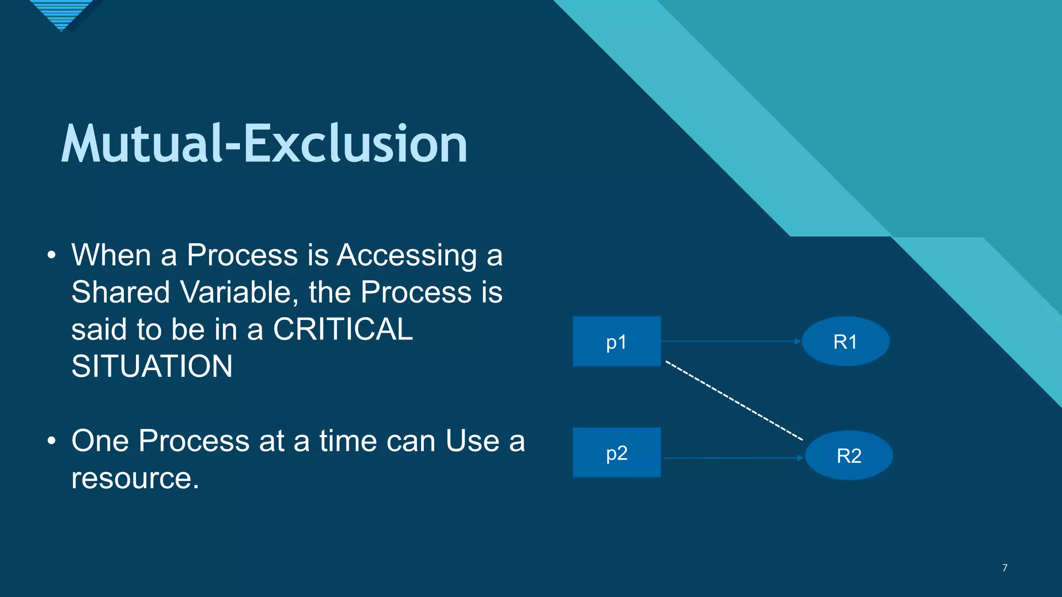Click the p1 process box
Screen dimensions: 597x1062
click(x=617, y=342)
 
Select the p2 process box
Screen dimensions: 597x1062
click(x=617, y=452)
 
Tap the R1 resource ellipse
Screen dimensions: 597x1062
click(x=845, y=342)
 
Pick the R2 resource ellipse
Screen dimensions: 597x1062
click(x=849, y=456)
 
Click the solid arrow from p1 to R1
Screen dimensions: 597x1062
click(x=731, y=341)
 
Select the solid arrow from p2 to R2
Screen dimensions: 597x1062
click(x=733, y=458)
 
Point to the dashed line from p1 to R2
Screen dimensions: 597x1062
click(x=734, y=401)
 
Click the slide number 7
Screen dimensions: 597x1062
click(x=1004, y=568)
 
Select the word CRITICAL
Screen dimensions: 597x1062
click(x=343, y=329)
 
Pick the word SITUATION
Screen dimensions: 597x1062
click(x=152, y=366)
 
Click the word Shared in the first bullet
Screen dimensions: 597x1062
click(x=120, y=292)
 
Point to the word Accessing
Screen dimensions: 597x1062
click(x=407, y=255)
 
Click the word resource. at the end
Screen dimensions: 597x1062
click(x=135, y=478)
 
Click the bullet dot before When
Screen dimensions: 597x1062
click(x=51, y=255)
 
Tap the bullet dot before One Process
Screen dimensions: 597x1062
click(x=51, y=441)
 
